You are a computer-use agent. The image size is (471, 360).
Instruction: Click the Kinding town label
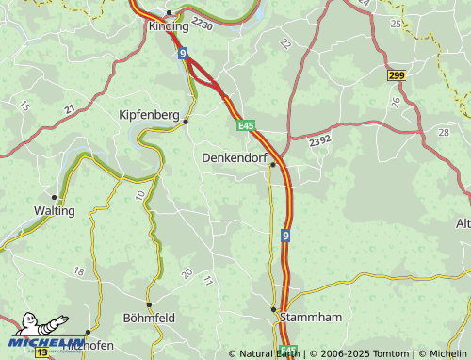[x=169, y=26]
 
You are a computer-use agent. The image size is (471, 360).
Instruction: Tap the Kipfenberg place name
[x=149, y=114]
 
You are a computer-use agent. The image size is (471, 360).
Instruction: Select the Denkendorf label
[x=235, y=157]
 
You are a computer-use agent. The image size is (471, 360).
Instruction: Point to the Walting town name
[x=54, y=210]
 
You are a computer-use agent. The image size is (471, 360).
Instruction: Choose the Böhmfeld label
[x=149, y=318]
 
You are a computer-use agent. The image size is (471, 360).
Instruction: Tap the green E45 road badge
[x=246, y=124]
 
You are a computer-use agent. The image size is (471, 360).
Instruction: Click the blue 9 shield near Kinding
[x=183, y=54]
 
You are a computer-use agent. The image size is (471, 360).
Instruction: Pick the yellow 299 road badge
[x=396, y=74]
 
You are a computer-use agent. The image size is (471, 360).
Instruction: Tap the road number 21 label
[x=70, y=110]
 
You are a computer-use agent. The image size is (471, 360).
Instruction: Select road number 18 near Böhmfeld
[x=78, y=271]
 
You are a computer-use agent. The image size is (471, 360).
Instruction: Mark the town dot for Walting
[x=55, y=198]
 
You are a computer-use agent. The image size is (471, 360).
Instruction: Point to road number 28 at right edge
[x=443, y=132]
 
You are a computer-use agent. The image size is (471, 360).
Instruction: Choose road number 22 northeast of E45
[x=284, y=43]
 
